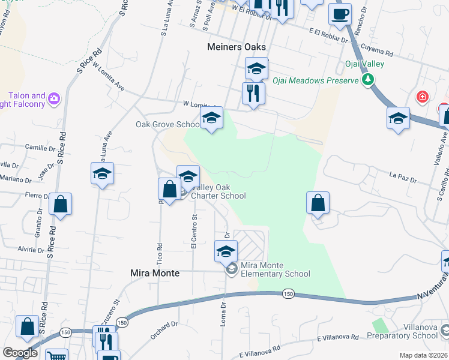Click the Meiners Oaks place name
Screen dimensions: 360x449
(236, 47)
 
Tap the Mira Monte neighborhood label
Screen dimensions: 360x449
(155, 273)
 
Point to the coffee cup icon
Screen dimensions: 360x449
(340, 14)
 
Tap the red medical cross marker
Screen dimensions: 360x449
(423, 97)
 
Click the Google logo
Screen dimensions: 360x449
(20, 353)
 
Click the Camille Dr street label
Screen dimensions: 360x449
(40, 146)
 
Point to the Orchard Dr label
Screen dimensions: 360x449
(164, 331)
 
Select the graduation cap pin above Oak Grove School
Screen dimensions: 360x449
(211, 118)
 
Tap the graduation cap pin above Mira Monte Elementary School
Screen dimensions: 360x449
(226, 251)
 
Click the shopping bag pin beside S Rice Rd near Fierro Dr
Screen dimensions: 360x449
(61, 204)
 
